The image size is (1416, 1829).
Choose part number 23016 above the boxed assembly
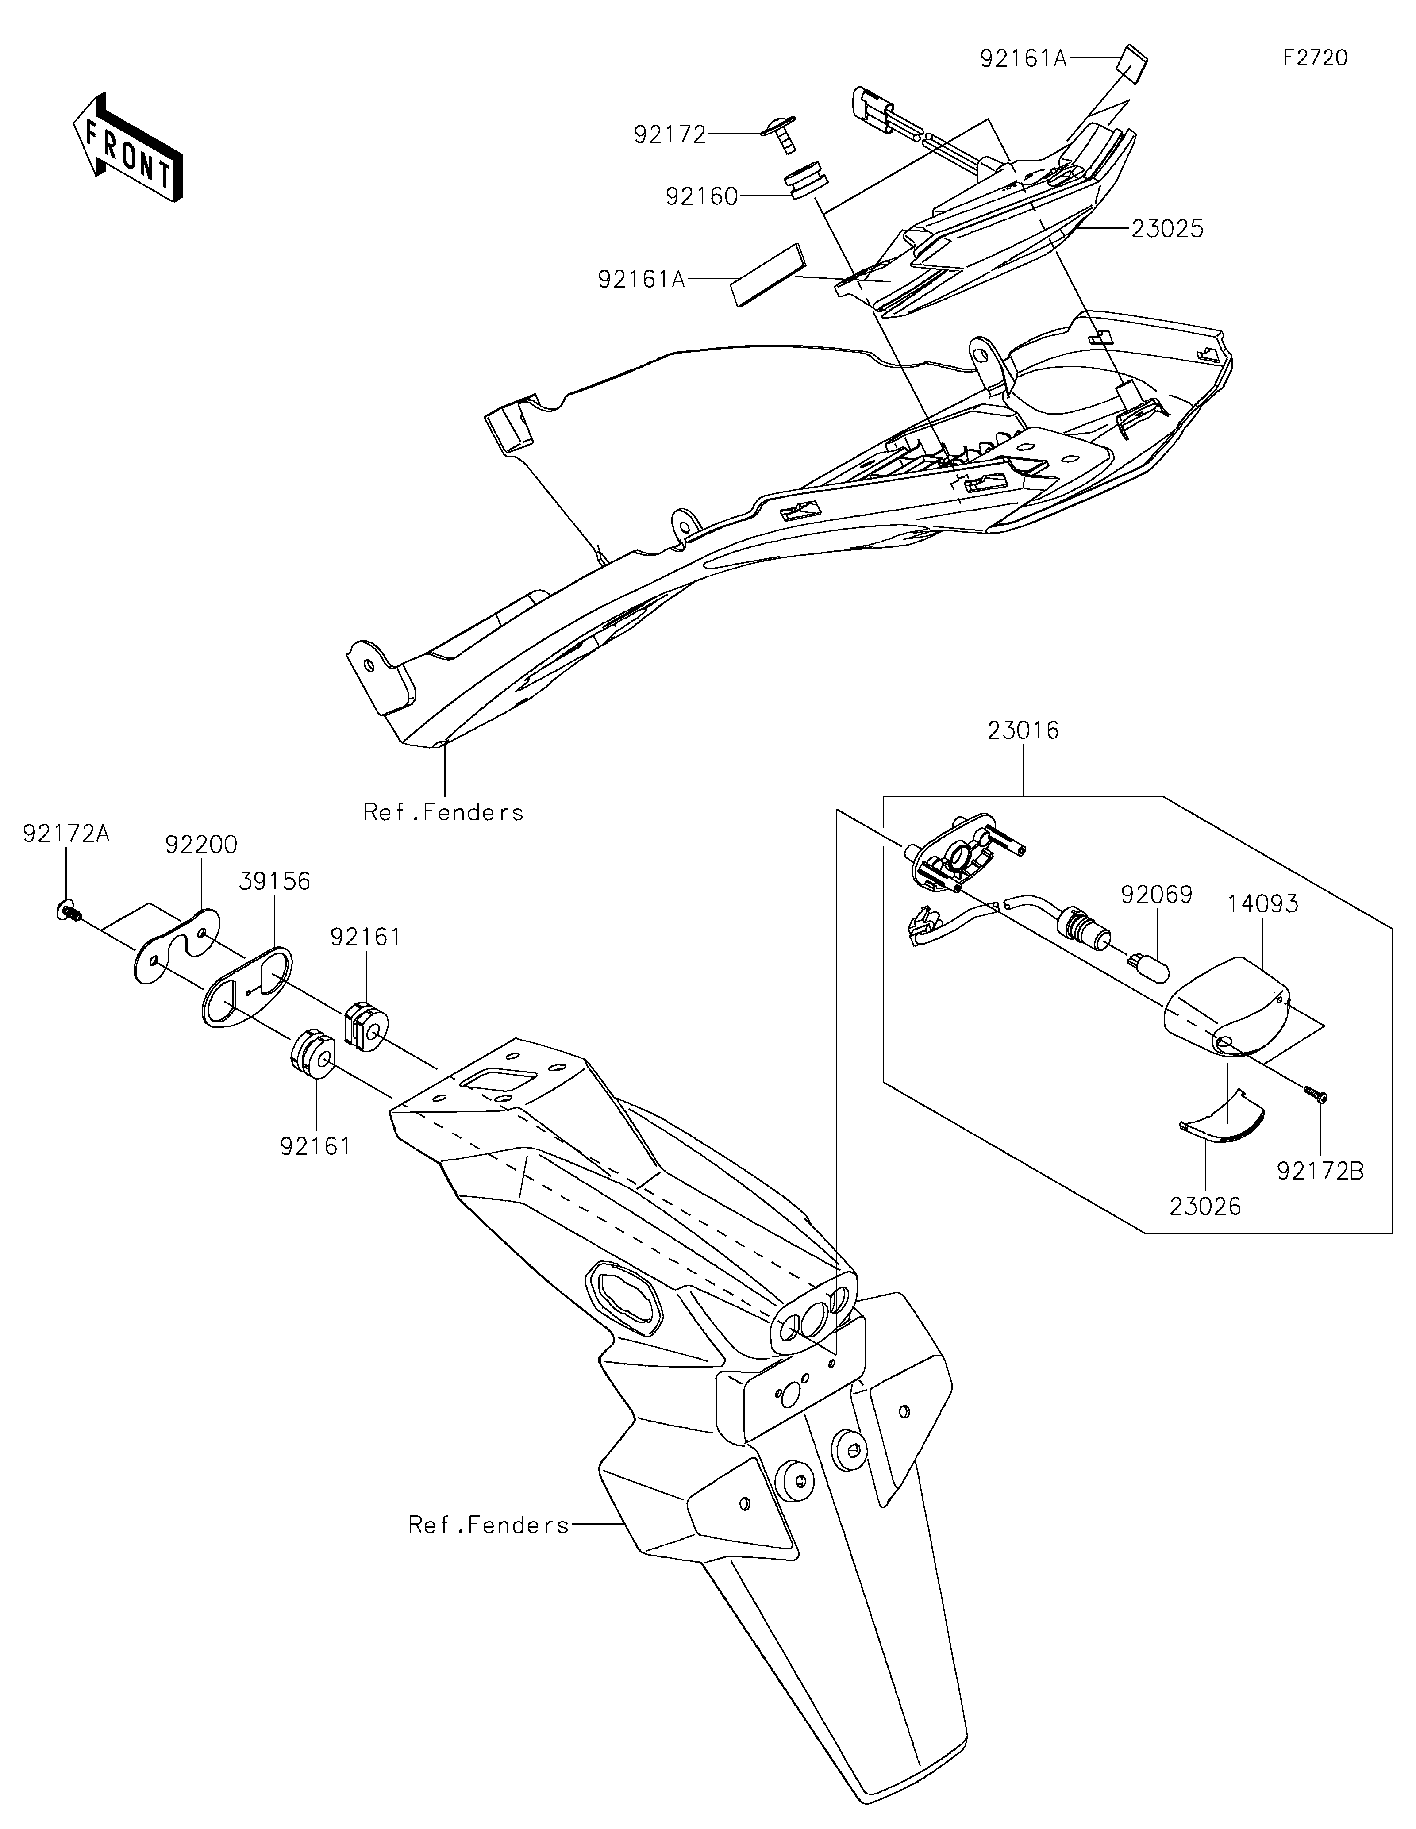tap(1023, 731)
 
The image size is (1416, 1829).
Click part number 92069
tap(1156, 895)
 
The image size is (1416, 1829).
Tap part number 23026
tap(1206, 1207)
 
